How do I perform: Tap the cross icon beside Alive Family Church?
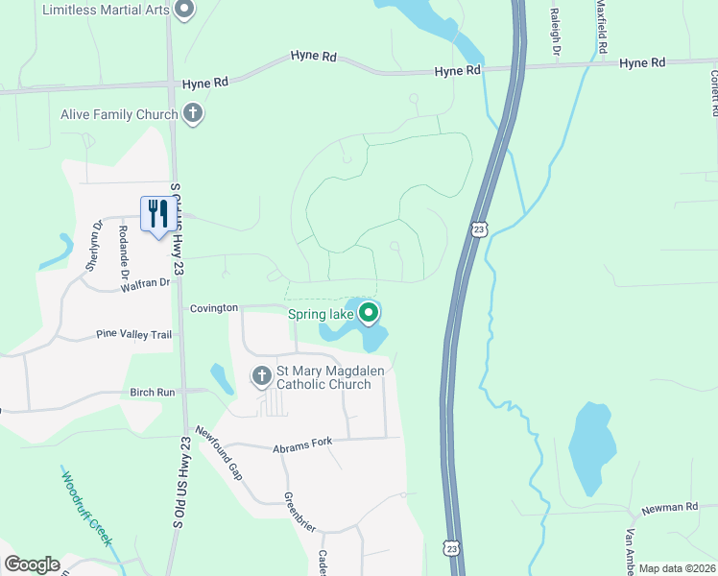coord(193,114)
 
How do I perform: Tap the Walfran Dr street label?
coord(145,283)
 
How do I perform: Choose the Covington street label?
coord(213,308)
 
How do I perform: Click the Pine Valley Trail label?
coord(133,334)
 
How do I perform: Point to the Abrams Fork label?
coord(301,442)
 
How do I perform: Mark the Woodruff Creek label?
coord(86,508)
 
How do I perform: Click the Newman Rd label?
coord(669,507)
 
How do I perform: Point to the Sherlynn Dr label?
coord(94,247)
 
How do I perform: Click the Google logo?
coord(32,564)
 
